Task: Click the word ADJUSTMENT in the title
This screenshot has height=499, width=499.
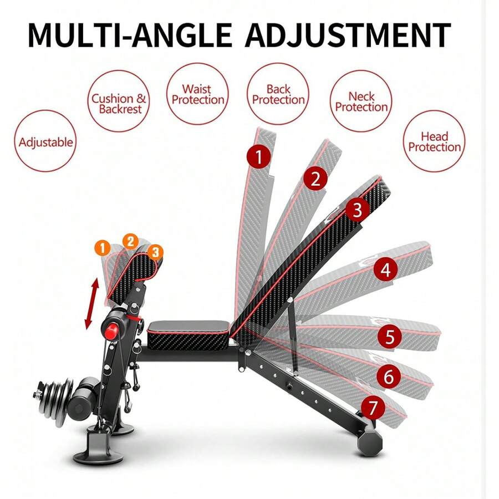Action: (x=348, y=35)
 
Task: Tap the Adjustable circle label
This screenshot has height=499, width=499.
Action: (x=45, y=142)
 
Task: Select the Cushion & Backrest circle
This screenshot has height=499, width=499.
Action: (x=119, y=104)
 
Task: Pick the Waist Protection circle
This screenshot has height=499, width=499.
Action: (x=198, y=94)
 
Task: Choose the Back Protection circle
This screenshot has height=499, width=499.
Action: (x=278, y=94)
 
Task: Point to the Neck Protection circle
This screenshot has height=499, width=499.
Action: (x=361, y=101)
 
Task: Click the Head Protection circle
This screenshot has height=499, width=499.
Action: (x=435, y=141)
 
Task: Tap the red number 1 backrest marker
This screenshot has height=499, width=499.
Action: (x=258, y=157)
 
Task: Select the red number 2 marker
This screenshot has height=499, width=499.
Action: (x=315, y=180)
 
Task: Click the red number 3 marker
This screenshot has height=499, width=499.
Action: (x=357, y=210)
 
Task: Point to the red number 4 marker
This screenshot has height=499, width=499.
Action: (x=385, y=270)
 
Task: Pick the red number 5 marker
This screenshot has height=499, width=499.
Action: (x=390, y=337)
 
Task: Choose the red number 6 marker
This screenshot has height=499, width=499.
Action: (x=389, y=378)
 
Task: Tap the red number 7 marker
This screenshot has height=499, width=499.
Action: (x=373, y=409)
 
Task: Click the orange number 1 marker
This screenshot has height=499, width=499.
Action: (x=103, y=247)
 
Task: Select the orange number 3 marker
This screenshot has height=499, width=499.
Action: (x=156, y=252)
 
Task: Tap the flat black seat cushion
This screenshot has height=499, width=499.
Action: (x=189, y=331)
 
